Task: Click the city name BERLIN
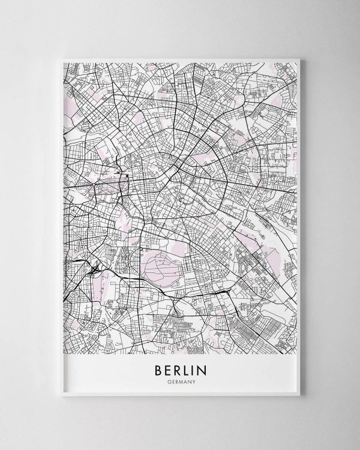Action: click(179, 367)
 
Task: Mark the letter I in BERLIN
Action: click(194, 367)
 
